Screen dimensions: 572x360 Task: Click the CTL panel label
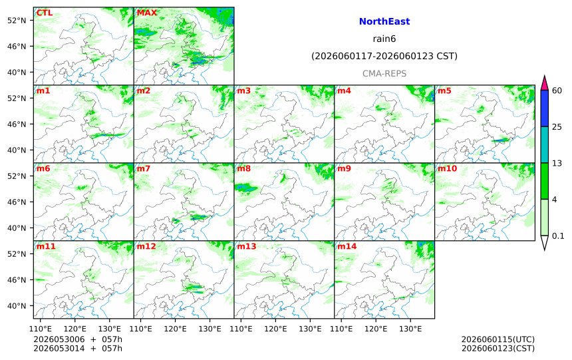44,13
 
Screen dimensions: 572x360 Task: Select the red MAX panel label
146,13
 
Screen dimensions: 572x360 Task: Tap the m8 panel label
243,168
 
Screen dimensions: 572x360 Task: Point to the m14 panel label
347,246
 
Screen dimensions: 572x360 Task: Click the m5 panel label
444,90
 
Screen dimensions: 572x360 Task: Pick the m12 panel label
146,246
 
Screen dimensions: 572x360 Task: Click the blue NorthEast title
384,21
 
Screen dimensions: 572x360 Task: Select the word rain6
384,39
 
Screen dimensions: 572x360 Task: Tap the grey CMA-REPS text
384,73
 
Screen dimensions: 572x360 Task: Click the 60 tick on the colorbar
557,90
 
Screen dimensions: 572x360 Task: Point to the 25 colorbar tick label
557,127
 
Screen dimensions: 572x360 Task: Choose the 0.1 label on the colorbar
558,236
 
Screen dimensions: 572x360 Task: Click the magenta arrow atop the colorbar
544,83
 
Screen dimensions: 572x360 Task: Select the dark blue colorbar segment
544,108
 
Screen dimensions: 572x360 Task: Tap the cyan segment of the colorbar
544,144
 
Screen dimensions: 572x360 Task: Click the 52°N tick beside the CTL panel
17,21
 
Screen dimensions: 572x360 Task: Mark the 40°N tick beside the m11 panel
17,306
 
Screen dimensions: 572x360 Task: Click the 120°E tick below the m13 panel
275,329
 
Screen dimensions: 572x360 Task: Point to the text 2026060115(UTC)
498,340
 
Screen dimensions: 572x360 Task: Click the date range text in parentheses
384,56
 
